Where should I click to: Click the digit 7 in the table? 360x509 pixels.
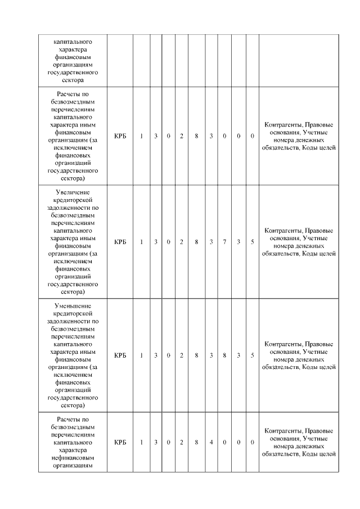224,242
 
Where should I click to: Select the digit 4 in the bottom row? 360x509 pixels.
211,442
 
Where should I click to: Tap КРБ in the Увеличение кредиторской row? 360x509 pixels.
120,242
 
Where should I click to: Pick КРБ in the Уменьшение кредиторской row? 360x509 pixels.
120,355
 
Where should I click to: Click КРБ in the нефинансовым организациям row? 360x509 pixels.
120,442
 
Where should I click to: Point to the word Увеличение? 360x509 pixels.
72,192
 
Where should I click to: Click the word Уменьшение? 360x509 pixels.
72,305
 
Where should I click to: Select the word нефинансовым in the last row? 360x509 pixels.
72,457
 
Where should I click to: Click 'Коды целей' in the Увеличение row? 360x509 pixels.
319,254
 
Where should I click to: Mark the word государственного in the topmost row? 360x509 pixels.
72,73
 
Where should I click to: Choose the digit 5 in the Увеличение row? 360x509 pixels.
253,242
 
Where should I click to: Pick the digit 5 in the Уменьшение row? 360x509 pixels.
253,355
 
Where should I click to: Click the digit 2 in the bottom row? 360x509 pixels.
182,442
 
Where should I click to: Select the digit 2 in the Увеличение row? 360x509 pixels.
182,242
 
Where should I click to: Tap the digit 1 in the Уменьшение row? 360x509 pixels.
142,355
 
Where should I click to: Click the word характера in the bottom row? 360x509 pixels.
72,450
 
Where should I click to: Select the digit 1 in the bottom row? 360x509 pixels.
142,442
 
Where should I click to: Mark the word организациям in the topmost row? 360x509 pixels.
72,65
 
